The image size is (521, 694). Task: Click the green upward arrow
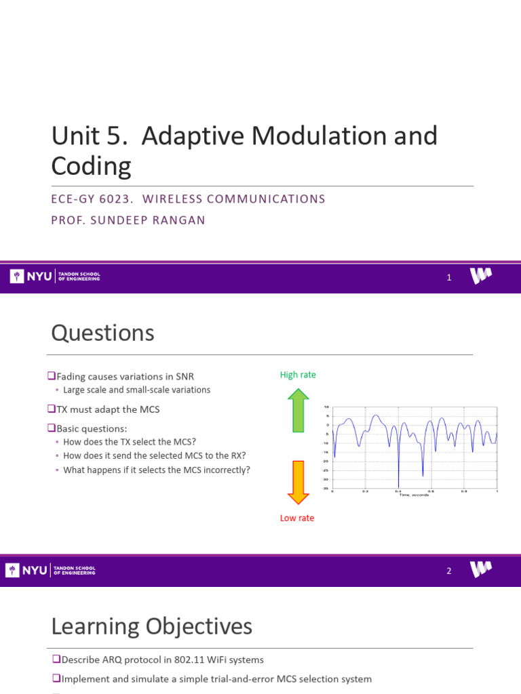click(298, 411)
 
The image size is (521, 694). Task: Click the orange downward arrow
click(298, 482)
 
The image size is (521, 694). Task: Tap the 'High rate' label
click(298, 375)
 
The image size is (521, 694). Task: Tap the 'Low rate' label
click(297, 518)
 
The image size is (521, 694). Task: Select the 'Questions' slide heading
click(102, 333)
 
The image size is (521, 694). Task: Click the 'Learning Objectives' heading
click(151, 626)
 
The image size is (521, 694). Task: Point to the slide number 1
click(449, 277)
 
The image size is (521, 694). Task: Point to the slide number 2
click(449, 571)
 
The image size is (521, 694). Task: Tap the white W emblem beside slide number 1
click(481, 276)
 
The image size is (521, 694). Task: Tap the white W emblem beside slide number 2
click(481, 570)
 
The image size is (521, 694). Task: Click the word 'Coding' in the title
click(91, 166)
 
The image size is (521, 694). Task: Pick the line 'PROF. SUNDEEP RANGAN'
click(128, 221)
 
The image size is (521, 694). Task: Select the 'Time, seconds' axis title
click(414, 494)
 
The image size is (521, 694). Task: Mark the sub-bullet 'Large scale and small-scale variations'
click(136, 390)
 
